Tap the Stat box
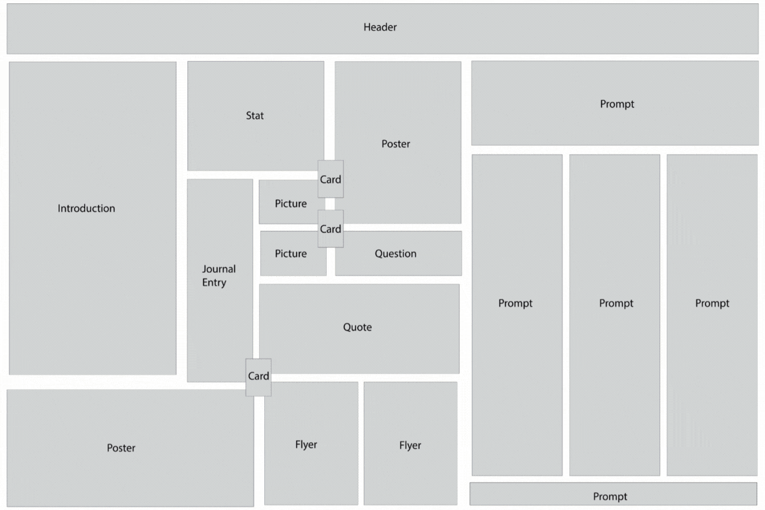[x=255, y=116]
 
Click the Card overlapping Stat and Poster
[x=331, y=179]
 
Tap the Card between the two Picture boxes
[x=331, y=228]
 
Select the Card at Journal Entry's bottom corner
[x=258, y=377]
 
